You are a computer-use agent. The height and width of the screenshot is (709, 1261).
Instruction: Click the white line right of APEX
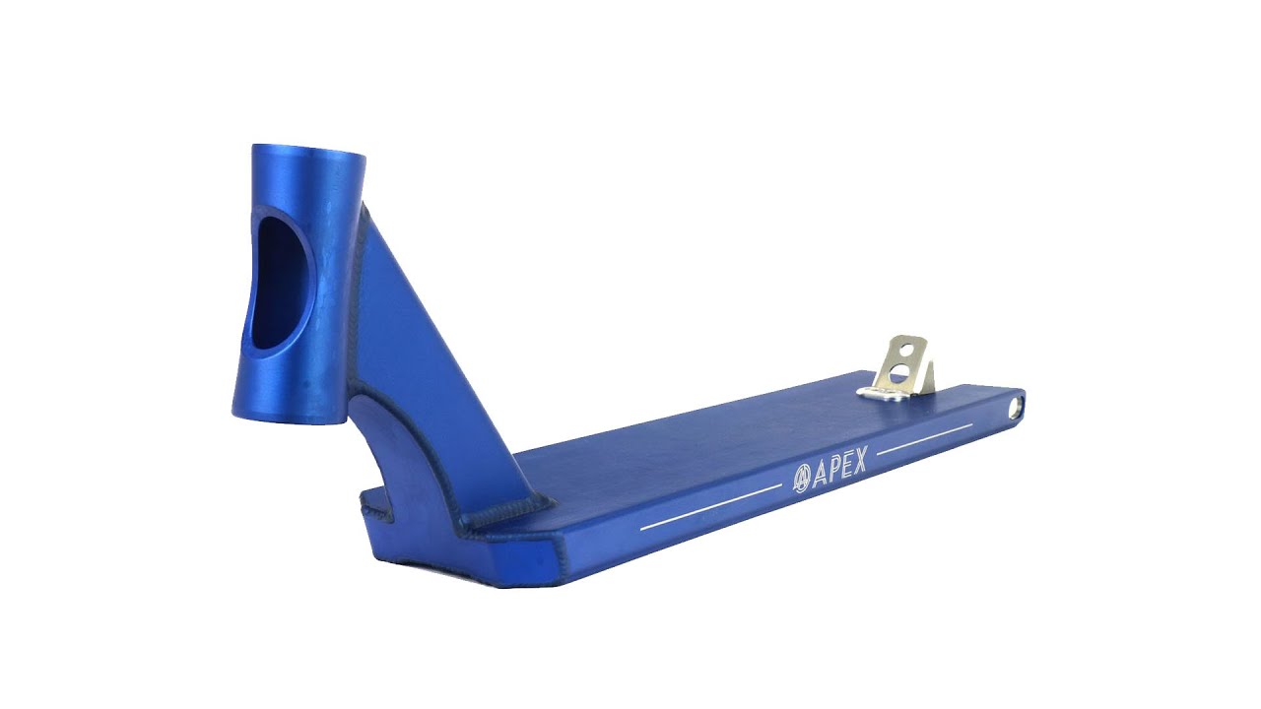925,439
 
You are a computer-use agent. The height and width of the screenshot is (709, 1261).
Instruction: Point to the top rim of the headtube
308,151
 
